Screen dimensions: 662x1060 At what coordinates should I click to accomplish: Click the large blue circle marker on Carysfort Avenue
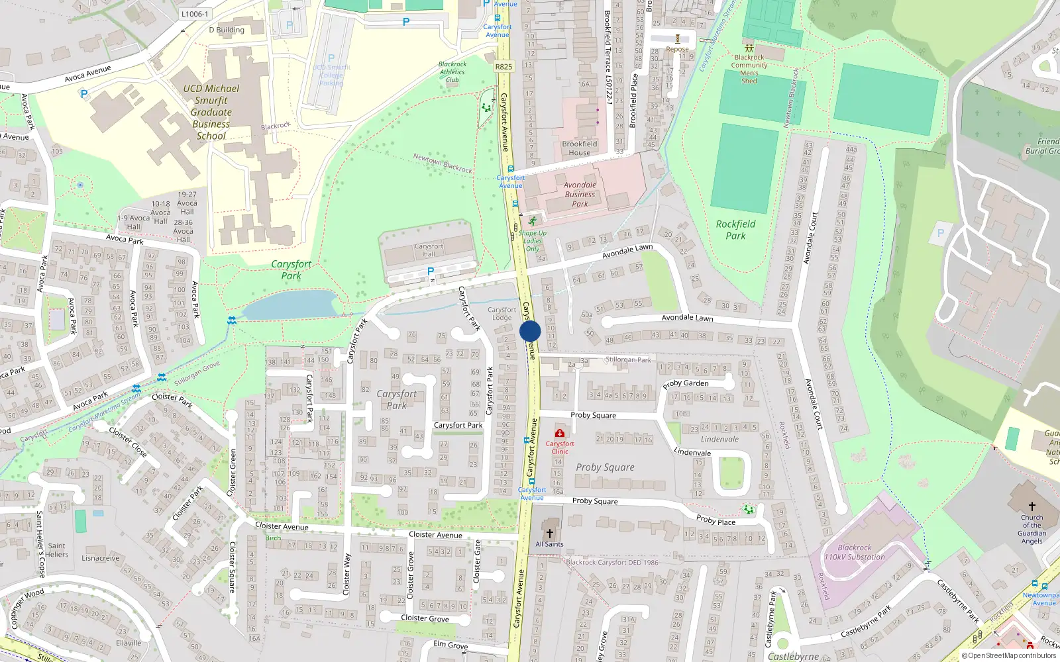[530, 331]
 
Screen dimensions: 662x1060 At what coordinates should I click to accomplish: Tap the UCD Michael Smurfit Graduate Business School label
[211, 112]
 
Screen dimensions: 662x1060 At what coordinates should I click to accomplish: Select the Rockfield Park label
[735, 230]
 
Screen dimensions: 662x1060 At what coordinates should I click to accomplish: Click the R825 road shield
[503, 66]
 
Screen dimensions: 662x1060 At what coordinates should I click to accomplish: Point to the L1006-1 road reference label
[194, 14]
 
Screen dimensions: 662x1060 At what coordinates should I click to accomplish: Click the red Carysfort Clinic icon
[560, 434]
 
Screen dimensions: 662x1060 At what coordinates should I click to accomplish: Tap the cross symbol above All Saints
[549, 534]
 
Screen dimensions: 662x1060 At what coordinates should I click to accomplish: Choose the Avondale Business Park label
[580, 195]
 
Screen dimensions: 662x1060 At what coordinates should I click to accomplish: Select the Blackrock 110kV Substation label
[855, 552]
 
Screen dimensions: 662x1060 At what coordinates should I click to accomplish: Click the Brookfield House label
[580, 148]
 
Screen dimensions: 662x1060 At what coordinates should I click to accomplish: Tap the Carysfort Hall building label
[429, 250]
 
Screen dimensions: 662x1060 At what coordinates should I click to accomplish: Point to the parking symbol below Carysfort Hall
[431, 271]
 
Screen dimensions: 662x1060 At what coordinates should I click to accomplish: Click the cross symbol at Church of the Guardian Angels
[1032, 506]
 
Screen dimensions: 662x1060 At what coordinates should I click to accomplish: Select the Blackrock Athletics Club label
[452, 72]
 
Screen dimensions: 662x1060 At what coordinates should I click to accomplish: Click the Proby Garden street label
[686, 384]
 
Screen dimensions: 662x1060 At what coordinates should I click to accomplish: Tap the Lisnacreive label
[101, 558]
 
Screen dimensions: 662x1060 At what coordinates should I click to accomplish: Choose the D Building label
[227, 30]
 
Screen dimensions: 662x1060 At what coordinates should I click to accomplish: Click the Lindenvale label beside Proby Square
[719, 440]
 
